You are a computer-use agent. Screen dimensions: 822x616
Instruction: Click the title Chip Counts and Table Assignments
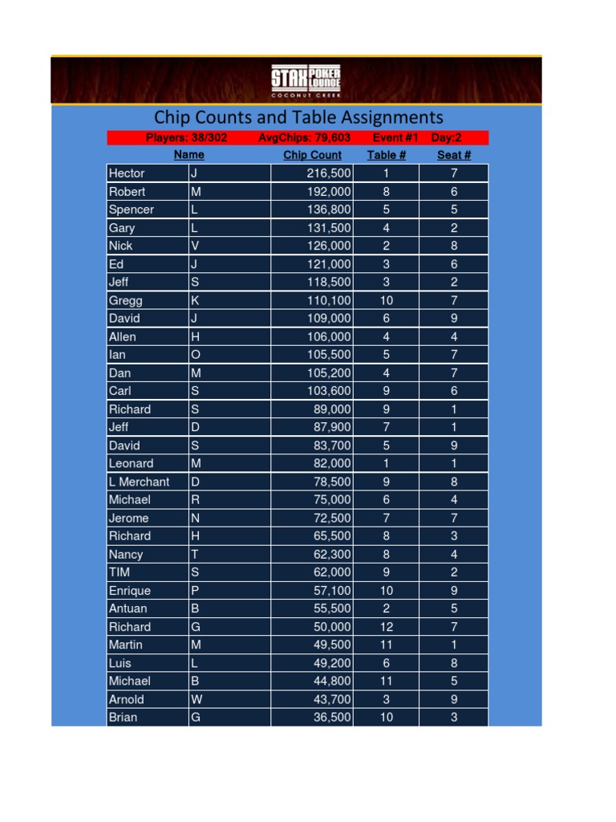[298, 118]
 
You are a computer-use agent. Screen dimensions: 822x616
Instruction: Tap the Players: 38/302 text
[187, 138]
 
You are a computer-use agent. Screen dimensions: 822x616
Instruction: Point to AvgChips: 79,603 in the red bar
[305, 138]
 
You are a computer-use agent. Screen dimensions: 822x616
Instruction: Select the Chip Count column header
[312, 155]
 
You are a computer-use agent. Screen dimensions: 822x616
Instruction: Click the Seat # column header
[453, 155]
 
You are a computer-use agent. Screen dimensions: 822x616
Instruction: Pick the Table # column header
[387, 155]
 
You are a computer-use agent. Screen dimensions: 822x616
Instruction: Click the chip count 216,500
[329, 173]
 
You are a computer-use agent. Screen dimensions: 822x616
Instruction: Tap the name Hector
[127, 173]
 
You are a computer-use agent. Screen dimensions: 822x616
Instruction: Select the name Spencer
[131, 210]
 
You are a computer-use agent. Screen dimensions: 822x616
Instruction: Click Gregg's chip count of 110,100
[329, 300]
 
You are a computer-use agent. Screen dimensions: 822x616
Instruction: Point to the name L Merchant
[139, 482]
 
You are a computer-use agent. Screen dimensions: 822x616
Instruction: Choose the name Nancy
[126, 554]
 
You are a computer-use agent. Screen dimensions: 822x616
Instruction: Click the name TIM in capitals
[120, 572]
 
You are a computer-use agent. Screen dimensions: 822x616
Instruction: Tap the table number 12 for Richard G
[387, 627]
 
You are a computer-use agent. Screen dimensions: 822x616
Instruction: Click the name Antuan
[128, 608]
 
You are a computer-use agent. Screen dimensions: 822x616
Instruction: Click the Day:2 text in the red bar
[447, 138]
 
